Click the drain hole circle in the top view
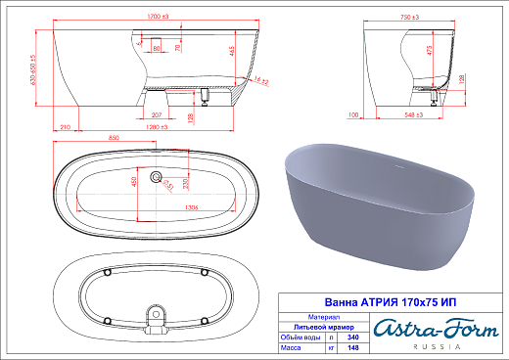click(x=154, y=177)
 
